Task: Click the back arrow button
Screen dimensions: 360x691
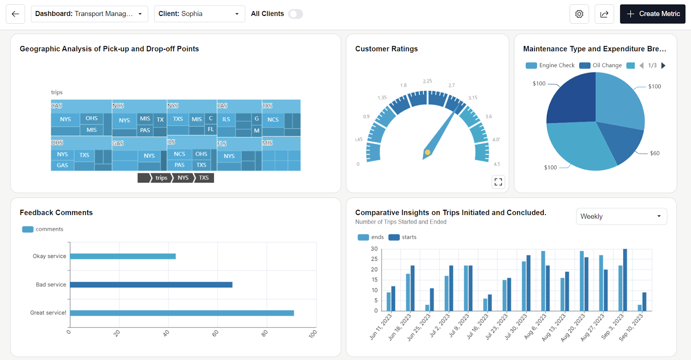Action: coord(15,14)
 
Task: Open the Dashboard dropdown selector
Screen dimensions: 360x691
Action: coord(89,14)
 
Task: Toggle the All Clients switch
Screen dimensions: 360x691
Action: coord(295,14)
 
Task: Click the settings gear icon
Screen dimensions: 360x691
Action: coord(579,14)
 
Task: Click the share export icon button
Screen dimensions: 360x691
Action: coord(604,14)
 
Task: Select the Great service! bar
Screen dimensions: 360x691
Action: coord(182,313)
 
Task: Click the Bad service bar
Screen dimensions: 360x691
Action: coord(151,284)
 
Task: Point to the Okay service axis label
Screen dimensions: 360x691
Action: coord(49,256)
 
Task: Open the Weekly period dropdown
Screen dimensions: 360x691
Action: coord(621,216)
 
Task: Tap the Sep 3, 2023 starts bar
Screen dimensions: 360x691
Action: coord(625,280)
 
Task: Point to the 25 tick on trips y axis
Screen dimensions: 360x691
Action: coord(374,259)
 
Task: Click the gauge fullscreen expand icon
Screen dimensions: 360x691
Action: coord(498,182)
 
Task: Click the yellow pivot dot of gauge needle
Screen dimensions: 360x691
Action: coord(427,152)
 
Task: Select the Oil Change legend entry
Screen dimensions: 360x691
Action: coord(601,65)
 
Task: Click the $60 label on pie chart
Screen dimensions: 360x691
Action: coord(655,153)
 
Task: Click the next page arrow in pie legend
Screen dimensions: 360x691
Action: coord(663,65)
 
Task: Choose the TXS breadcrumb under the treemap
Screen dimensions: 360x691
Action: coord(204,178)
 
